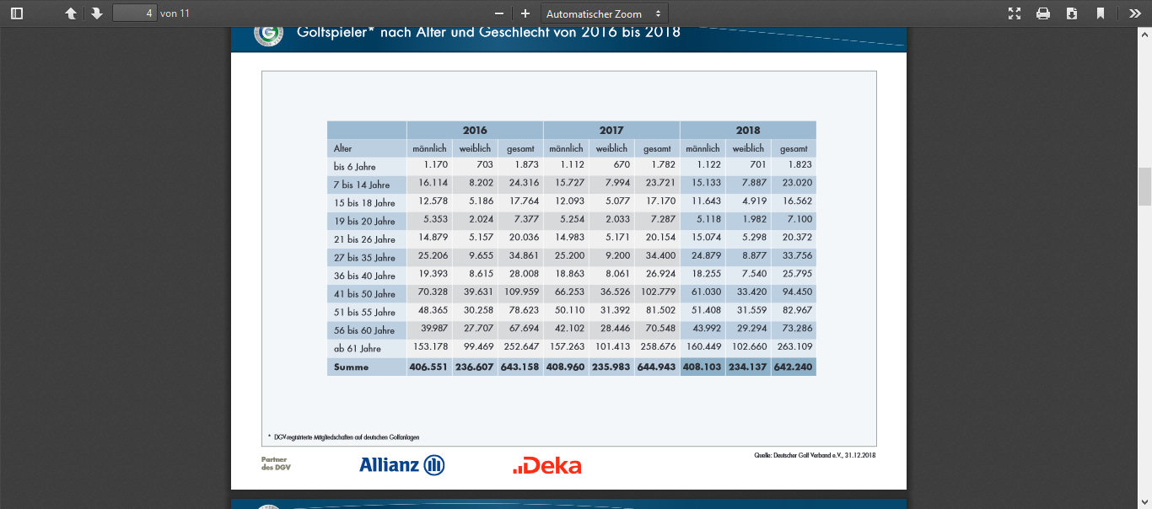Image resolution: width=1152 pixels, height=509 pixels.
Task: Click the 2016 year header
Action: pyautogui.click(x=475, y=130)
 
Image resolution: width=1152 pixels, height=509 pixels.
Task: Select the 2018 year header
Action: pyautogui.click(x=748, y=130)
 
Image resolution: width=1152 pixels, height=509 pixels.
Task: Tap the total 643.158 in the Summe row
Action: pyautogui.click(x=520, y=367)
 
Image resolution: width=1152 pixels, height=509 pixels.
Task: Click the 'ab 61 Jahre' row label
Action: pyautogui.click(x=358, y=349)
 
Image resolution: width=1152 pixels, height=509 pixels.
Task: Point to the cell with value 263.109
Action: pyautogui.click(x=794, y=347)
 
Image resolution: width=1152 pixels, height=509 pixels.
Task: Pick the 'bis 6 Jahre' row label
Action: pyautogui.click(x=354, y=167)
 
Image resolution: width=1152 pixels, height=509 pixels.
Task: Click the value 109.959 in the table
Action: pyautogui.click(x=519, y=292)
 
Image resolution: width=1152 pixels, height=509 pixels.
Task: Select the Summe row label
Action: pyautogui.click(x=351, y=367)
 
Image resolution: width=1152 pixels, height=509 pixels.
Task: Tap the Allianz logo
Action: pyautogui.click(x=401, y=465)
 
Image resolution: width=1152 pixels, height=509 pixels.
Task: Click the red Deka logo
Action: pyautogui.click(x=547, y=465)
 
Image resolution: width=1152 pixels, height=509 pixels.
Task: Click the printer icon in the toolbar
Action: pyautogui.click(x=1043, y=13)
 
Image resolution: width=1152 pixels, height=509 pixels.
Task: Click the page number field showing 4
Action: pyautogui.click(x=134, y=13)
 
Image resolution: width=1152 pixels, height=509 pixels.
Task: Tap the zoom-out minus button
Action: pyautogui.click(x=499, y=13)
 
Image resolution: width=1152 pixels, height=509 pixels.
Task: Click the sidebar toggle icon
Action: pyautogui.click(x=17, y=13)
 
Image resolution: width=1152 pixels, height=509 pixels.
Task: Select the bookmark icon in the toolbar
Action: pyautogui.click(x=1101, y=13)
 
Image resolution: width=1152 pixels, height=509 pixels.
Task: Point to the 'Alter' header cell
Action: pyautogui.click(x=343, y=149)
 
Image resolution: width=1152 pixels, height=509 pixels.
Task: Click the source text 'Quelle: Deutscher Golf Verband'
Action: pyautogui.click(x=815, y=456)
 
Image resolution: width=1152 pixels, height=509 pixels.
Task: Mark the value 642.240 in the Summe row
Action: pyautogui.click(x=794, y=367)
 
